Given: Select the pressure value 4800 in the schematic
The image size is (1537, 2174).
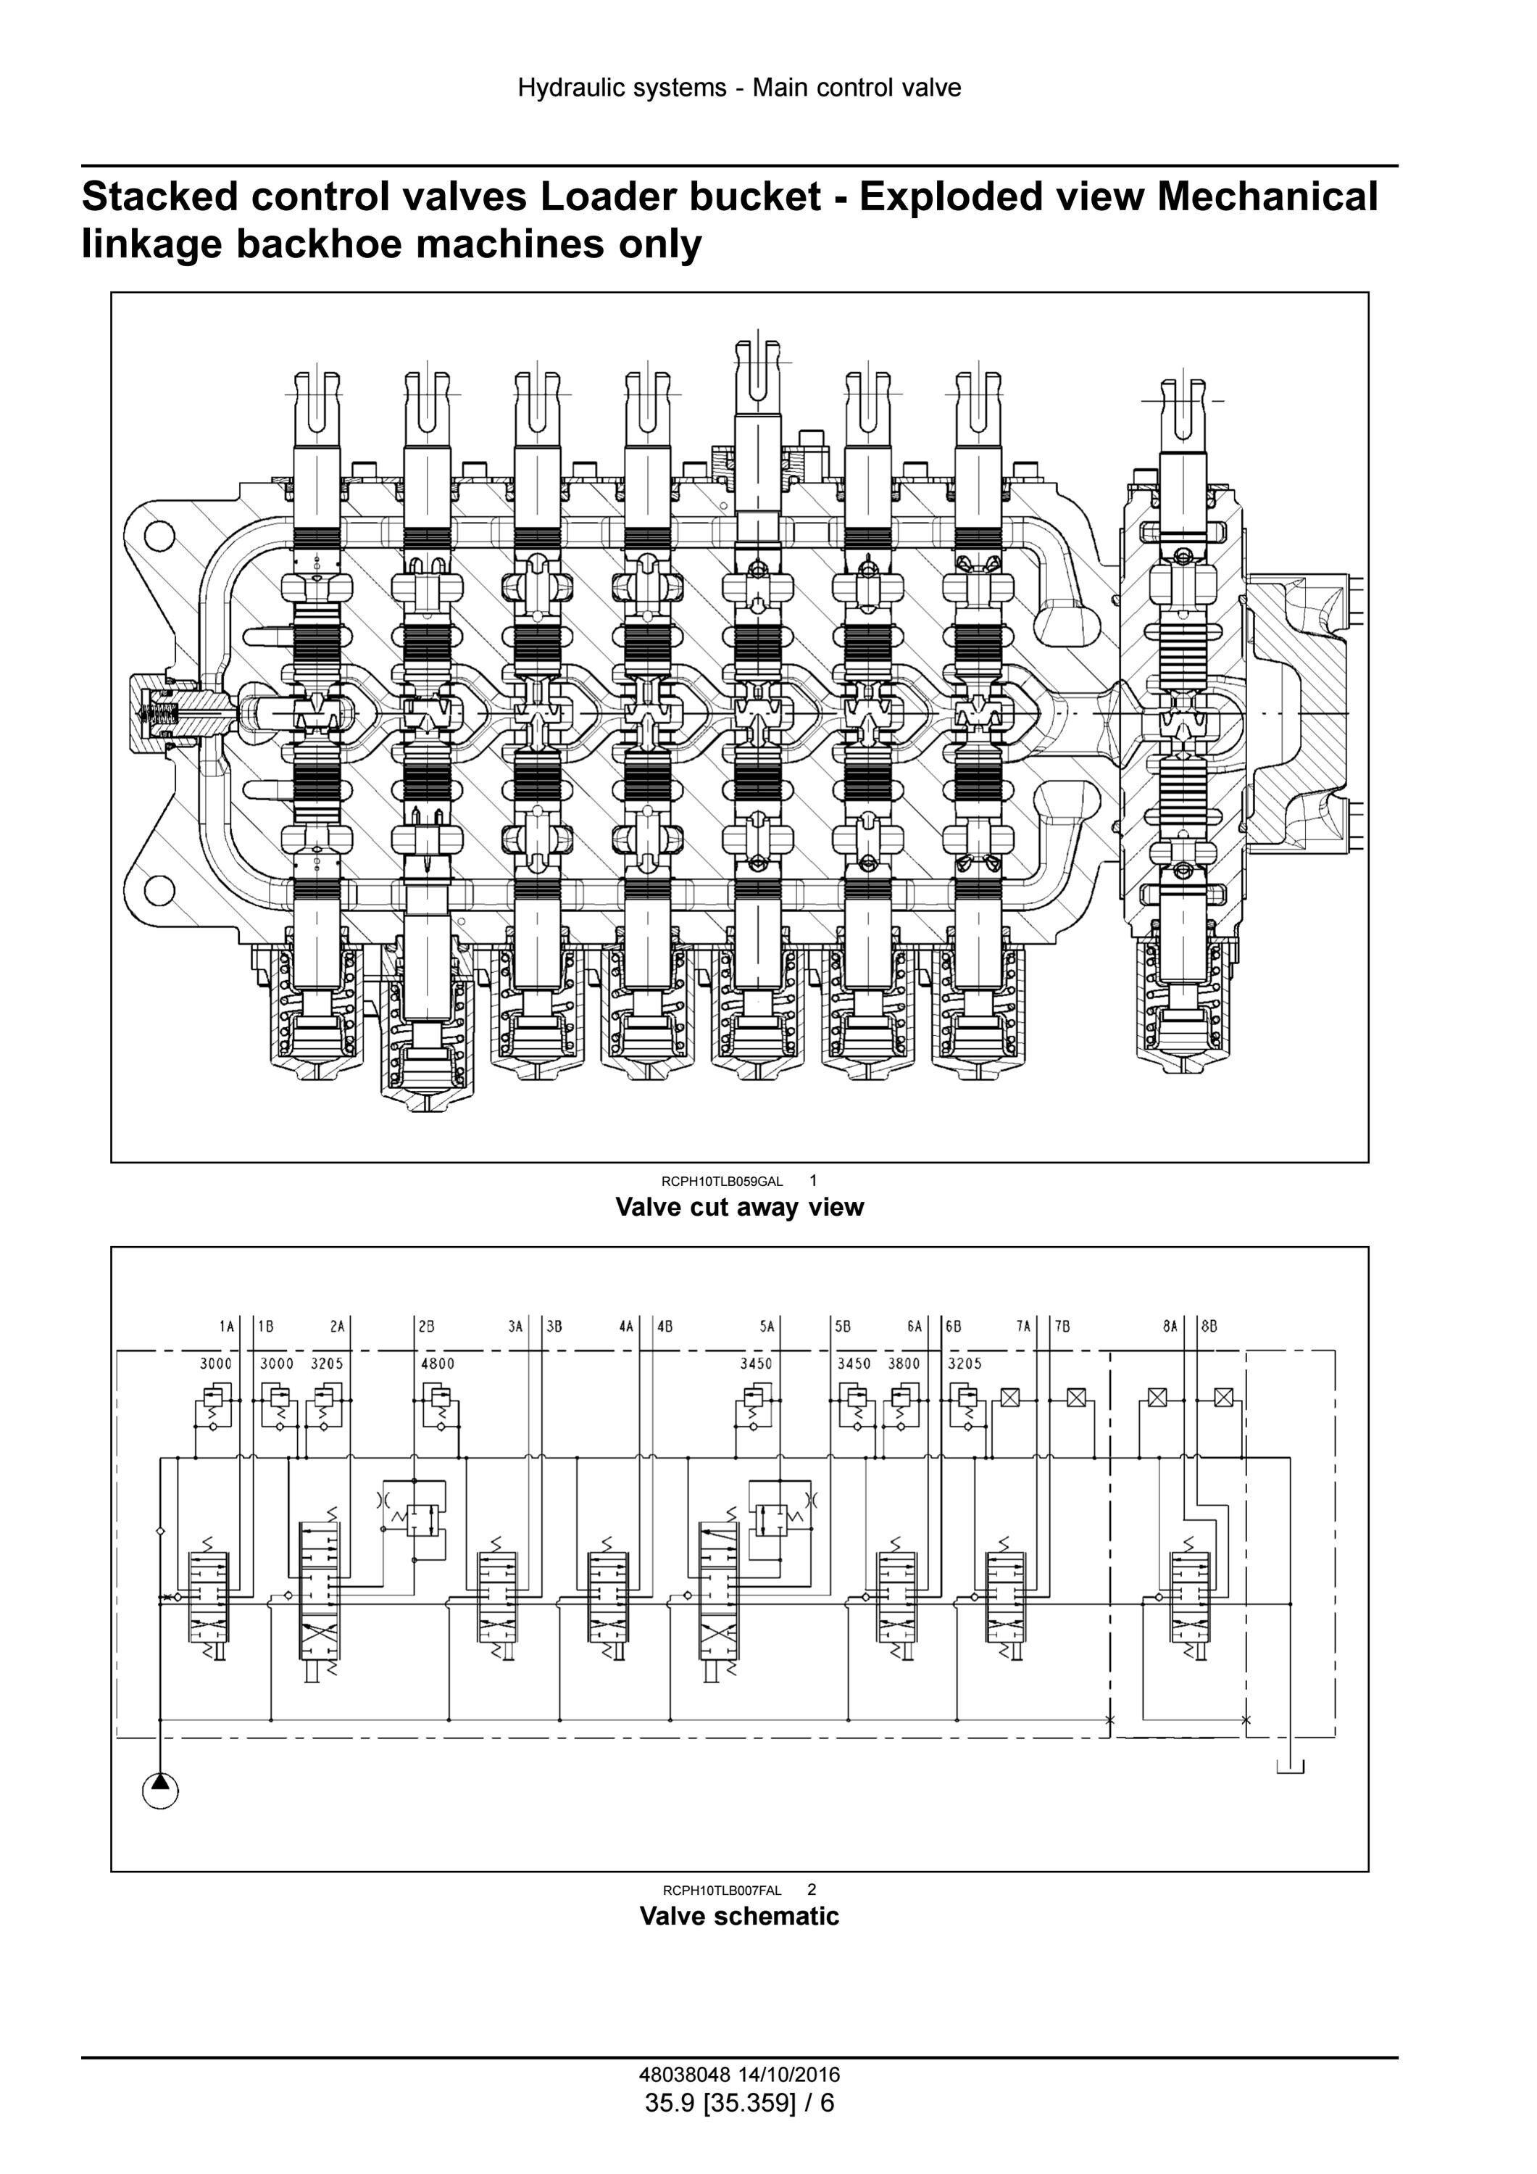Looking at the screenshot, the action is tap(437, 1364).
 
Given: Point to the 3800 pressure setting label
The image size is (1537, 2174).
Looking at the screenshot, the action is tap(904, 1364).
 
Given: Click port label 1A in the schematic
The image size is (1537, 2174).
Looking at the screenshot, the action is tap(226, 1327).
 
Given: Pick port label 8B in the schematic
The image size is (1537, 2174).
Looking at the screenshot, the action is tap(1209, 1327).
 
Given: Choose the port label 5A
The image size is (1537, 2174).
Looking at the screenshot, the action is tap(767, 1327).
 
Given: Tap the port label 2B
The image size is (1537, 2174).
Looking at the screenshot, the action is tap(427, 1327).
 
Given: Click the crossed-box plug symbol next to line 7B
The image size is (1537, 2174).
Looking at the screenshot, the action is tap(1075, 1397).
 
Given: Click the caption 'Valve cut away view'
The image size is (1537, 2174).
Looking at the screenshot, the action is tap(739, 1207).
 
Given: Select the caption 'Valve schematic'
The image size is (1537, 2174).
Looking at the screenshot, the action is tap(739, 1915).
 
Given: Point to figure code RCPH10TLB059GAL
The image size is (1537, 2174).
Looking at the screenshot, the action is tap(722, 1181).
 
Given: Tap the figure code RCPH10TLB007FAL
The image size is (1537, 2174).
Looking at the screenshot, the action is tap(722, 1890).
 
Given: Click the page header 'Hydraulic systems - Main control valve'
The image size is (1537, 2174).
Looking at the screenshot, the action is tap(739, 88).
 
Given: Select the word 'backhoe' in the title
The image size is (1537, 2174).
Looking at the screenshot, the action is tap(317, 244).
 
